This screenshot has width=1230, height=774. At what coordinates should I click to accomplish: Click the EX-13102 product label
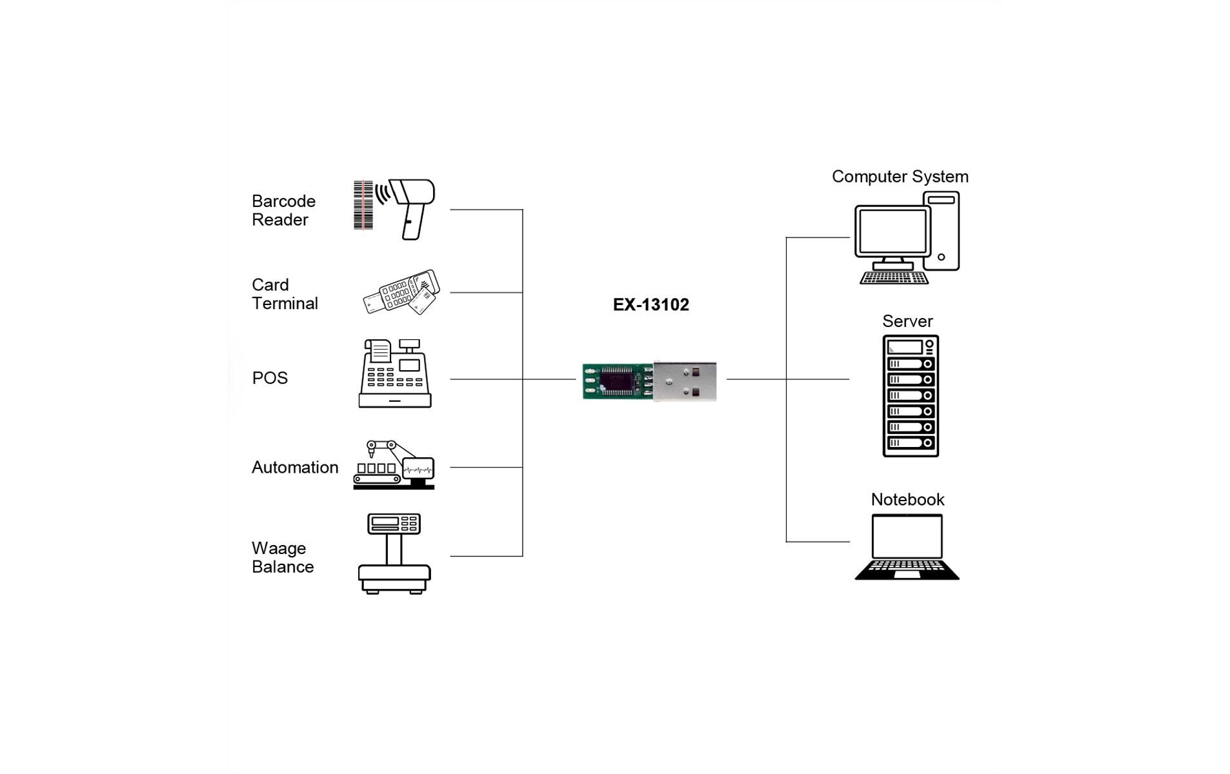pyautogui.click(x=650, y=304)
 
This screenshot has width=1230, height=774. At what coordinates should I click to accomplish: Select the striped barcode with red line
pyautogui.click(x=363, y=205)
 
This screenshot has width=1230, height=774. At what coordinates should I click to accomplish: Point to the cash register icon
pyautogui.click(x=394, y=373)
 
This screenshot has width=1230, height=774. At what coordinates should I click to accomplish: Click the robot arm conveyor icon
pyautogui.click(x=393, y=465)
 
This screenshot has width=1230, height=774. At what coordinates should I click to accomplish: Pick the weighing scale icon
pyautogui.click(x=394, y=553)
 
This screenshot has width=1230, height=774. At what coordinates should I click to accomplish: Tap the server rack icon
pyautogui.click(x=910, y=396)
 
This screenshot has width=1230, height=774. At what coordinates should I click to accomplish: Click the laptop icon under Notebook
pyautogui.click(x=907, y=547)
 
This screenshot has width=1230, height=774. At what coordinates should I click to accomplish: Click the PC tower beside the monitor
pyautogui.click(x=942, y=230)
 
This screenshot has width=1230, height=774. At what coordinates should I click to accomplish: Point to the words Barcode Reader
pyautogui.click(x=283, y=210)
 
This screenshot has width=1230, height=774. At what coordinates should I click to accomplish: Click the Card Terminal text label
pyautogui.click(x=284, y=294)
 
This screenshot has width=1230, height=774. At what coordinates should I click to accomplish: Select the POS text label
pyautogui.click(x=270, y=378)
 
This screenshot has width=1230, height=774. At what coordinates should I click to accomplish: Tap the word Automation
pyautogui.click(x=294, y=468)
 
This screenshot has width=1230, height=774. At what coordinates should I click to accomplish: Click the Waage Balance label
pyautogui.click(x=282, y=557)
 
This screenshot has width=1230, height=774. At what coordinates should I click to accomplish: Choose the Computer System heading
pyautogui.click(x=900, y=177)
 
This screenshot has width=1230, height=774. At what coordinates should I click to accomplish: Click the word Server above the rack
pyautogui.click(x=907, y=321)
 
